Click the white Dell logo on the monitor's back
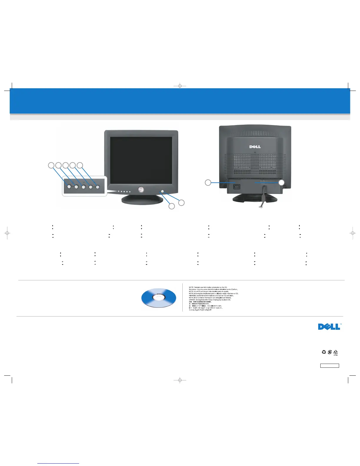255,147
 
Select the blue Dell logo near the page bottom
329,327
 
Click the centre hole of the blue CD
159,297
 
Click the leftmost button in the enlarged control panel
69,187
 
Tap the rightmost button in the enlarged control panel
98,187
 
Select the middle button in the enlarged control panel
84,187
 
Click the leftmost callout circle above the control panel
51,165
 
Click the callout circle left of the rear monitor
208,183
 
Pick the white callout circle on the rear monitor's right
281,183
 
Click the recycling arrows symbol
324,352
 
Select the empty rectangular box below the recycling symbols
329,366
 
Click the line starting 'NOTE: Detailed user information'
208,287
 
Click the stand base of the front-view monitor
142,200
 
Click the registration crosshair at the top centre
180,86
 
